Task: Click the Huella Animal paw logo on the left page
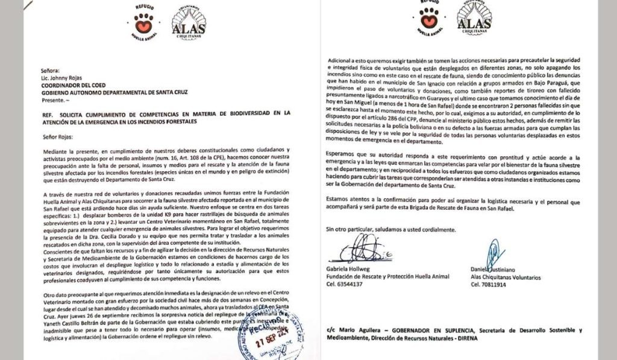(143, 22)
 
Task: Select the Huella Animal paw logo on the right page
(429, 20)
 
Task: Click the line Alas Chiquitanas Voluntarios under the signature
(506, 276)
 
